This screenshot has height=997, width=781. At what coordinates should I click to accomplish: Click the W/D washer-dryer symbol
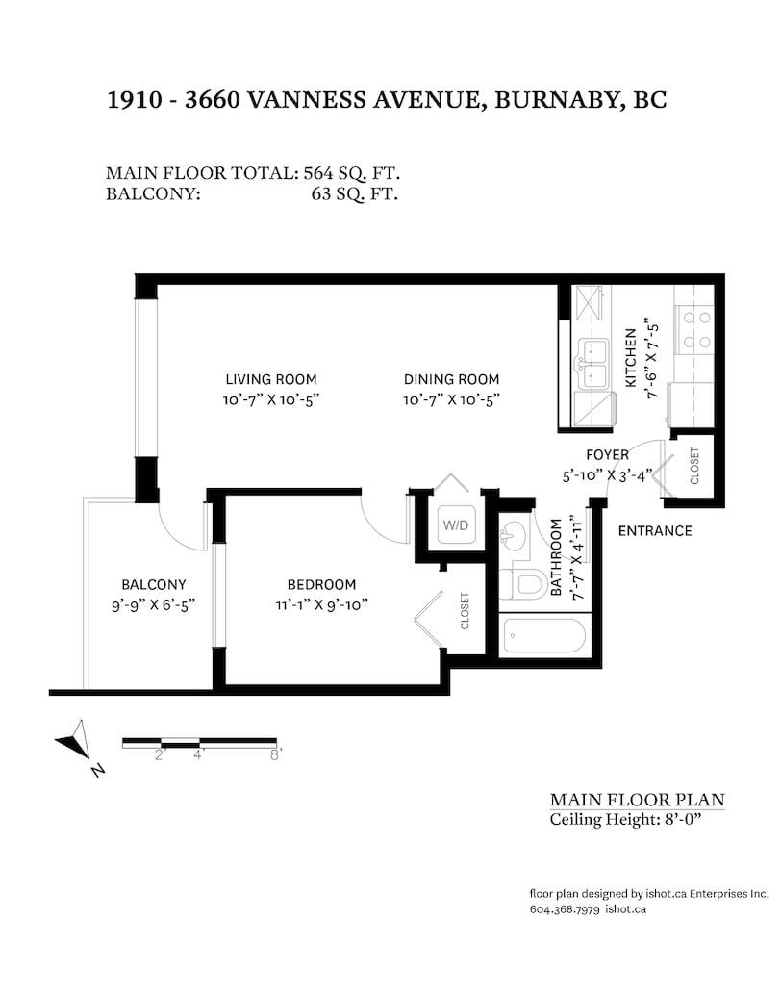(456, 525)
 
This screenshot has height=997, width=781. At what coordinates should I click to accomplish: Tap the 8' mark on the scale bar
(276, 754)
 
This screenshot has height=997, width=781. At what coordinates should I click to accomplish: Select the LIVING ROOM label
(270, 379)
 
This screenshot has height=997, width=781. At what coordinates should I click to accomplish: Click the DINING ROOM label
(451, 379)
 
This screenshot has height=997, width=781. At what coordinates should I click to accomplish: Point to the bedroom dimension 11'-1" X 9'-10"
(321, 604)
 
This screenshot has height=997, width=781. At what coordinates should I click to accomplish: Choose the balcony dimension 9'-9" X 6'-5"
(153, 604)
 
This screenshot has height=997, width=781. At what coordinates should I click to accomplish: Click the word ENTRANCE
(655, 531)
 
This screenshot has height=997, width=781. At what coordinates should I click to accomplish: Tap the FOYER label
(608, 455)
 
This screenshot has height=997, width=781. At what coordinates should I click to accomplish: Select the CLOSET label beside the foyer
(694, 466)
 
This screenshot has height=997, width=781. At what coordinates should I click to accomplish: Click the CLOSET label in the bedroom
(465, 611)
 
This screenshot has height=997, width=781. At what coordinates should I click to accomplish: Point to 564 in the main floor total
(317, 173)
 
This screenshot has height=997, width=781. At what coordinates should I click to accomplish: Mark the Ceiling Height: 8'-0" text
(625, 820)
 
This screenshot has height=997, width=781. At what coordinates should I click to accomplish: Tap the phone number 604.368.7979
(565, 909)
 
